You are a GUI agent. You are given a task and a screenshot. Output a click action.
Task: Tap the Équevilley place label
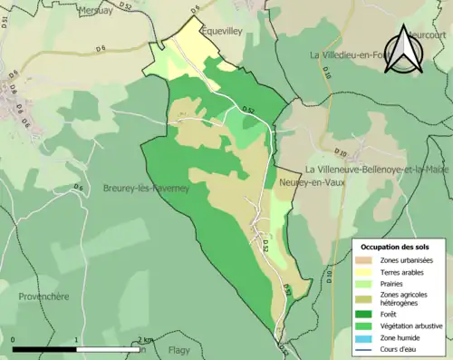224,28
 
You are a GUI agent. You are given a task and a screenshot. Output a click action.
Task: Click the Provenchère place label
44,296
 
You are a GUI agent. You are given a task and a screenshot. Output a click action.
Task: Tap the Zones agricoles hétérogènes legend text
405,298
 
